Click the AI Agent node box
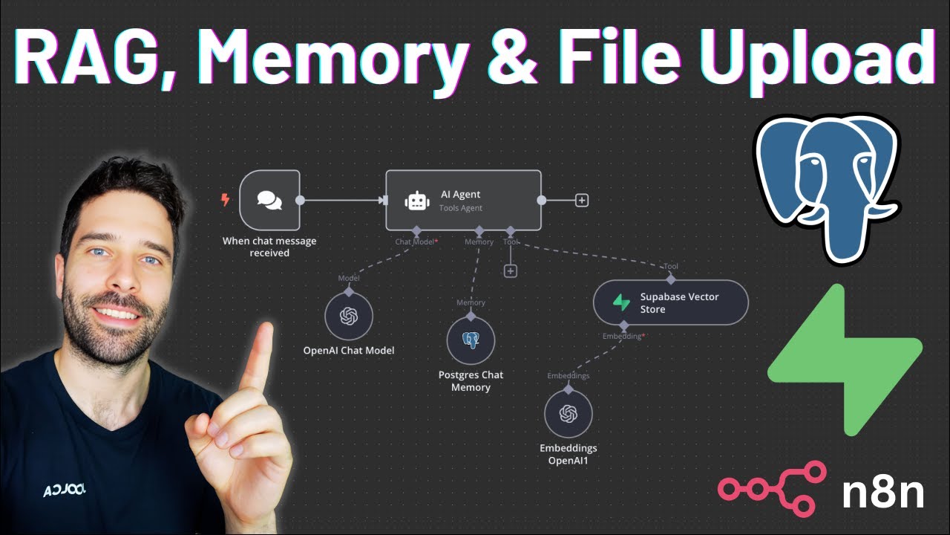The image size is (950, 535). pyautogui.click(x=463, y=200)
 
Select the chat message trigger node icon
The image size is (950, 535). pyautogui.click(x=269, y=200)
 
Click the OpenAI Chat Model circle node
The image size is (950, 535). pyautogui.click(x=348, y=317)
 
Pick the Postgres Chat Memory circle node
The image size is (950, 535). pyautogui.click(x=471, y=340)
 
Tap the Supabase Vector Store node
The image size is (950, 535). pyautogui.click(x=670, y=302)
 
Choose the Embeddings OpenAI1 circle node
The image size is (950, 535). pyautogui.click(x=568, y=413)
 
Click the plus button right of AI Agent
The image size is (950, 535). pyautogui.click(x=582, y=200)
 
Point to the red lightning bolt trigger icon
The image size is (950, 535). pyautogui.click(x=226, y=200)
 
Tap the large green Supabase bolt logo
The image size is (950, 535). pyautogui.click(x=845, y=360)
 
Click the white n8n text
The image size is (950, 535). pyautogui.click(x=882, y=493)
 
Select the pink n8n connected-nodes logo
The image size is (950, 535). pyautogui.click(x=772, y=487)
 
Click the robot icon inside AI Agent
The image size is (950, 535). pyautogui.click(x=417, y=201)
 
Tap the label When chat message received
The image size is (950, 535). pyautogui.click(x=269, y=247)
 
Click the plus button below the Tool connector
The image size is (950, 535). pyautogui.click(x=510, y=271)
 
